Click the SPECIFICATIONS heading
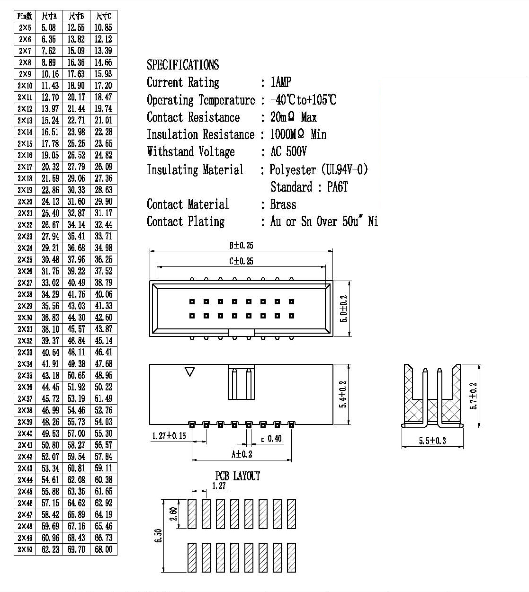pos(183,65)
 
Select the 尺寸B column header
pos(76,16)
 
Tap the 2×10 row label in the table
pos(25,86)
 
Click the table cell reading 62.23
pos(50,549)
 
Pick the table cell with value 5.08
pos(48,28)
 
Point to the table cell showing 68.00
pos(104,549)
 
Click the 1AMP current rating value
pos(281,82)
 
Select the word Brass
pos(283,204)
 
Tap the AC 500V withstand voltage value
pos(288,151)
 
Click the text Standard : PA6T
pos(309,187)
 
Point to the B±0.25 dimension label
pos(241,246)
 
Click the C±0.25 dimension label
pos(241,261)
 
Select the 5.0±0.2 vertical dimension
pos(343,309)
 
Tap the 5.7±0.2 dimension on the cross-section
pos(474,396)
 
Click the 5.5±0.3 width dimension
pos(432,441)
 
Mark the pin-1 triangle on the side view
pos(190,371)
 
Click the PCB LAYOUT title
pos(237,476)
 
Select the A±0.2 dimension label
pos(242,454)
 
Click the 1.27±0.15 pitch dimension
pos(169,436)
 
